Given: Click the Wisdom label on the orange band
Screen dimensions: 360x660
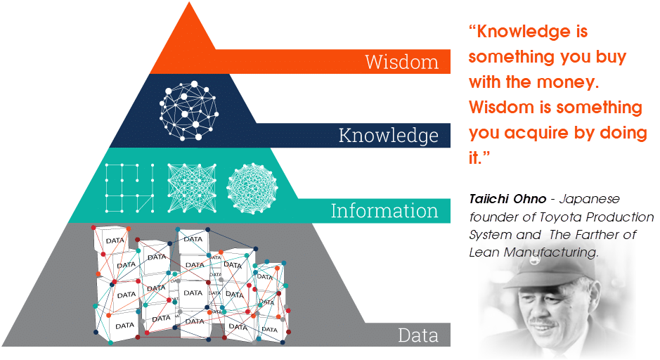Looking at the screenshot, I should (x=401, y=62).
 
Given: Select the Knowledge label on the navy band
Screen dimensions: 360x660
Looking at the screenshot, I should (x=388, y=135).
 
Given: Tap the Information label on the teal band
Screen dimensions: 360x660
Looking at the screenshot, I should (x=384, y=210).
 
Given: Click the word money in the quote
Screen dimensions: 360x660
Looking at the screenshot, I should (x=571, y=82).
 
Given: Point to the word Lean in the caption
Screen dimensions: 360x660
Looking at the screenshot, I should (x=483, y=252).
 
